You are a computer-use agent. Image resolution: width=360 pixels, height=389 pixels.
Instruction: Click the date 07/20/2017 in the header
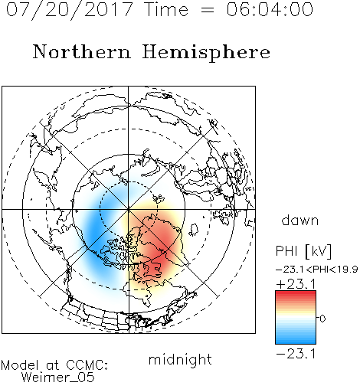click(70, 10)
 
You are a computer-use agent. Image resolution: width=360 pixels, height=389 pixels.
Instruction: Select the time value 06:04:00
click(270, 9)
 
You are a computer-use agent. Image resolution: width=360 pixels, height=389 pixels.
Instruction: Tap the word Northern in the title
click(82, 51)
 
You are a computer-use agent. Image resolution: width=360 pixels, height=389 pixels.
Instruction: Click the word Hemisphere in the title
click(206, 52)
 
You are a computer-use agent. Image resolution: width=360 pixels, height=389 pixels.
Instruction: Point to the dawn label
click(300, 220)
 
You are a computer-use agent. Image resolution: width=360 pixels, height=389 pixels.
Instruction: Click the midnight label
click(180, 360)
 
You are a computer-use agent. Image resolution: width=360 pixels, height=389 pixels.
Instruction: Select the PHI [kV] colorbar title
click(303, 251)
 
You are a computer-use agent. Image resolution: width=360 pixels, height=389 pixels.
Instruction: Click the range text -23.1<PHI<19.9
click(316, 270)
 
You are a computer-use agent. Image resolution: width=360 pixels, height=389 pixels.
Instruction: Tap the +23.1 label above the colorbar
click(296, 284)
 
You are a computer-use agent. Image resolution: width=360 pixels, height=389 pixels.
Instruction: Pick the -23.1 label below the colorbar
click(296, 354)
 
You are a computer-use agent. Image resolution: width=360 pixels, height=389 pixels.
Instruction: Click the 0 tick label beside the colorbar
click(322, 319)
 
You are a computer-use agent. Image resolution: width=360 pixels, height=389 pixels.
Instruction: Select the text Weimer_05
click(58, 377)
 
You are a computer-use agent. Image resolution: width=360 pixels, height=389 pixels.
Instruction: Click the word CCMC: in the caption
click(87, 365)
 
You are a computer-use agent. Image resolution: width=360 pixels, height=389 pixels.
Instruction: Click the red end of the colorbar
click(296, 293)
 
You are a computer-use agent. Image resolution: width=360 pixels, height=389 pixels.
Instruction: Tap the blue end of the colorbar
click(296, 342)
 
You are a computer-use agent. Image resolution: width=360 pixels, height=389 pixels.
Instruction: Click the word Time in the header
click(166, 9)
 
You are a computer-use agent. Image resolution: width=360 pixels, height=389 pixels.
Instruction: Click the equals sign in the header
click(208, 10)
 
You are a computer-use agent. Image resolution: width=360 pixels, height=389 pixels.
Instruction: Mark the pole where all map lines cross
click(129, 209)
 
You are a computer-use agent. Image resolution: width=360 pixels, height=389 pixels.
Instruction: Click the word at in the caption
click(53, 365)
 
